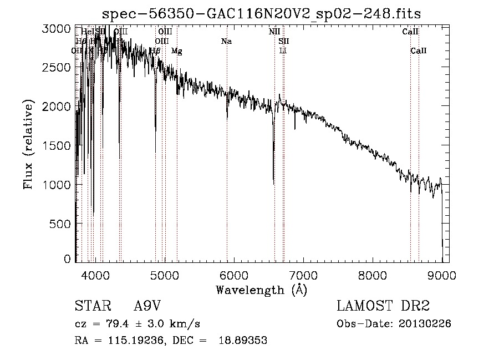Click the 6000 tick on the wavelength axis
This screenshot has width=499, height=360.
click(233, 274)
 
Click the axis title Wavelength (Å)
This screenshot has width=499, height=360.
click(261, 290)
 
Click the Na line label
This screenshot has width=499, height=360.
click(226, 41)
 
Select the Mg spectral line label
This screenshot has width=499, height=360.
click(176, 51)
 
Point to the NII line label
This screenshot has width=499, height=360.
click(274, 32)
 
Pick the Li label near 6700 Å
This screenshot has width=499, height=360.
click(283, 50)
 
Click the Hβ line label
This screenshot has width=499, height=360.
click(155, 50)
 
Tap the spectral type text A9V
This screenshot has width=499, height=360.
click(147, 306)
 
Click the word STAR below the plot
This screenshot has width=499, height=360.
click(90, 306)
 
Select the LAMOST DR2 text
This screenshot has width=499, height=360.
click(383, 306)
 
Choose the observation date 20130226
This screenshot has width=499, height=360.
click(425, 324)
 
